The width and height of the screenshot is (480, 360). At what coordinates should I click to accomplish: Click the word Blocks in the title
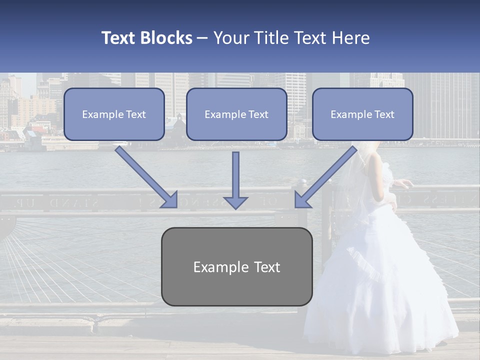tap(167, 38)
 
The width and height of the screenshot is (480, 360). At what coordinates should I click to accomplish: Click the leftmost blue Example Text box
tap(114, 114)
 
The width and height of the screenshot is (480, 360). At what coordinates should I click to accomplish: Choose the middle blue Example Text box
tap(236, 114)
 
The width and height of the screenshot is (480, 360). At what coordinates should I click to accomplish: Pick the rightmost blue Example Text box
tap(362, 114)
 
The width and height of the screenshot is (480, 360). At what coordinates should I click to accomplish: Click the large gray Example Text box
tap(236, 266)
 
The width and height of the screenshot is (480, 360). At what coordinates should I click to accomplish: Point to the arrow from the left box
tap(147, 177)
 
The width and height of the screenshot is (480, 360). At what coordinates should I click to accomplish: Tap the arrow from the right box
tap(324, 177)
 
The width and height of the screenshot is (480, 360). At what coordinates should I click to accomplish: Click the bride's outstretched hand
tap(407, 183)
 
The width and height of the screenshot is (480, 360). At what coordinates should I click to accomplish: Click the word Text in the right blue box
tap(384, 114)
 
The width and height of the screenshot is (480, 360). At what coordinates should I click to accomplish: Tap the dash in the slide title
tap(202, 38)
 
